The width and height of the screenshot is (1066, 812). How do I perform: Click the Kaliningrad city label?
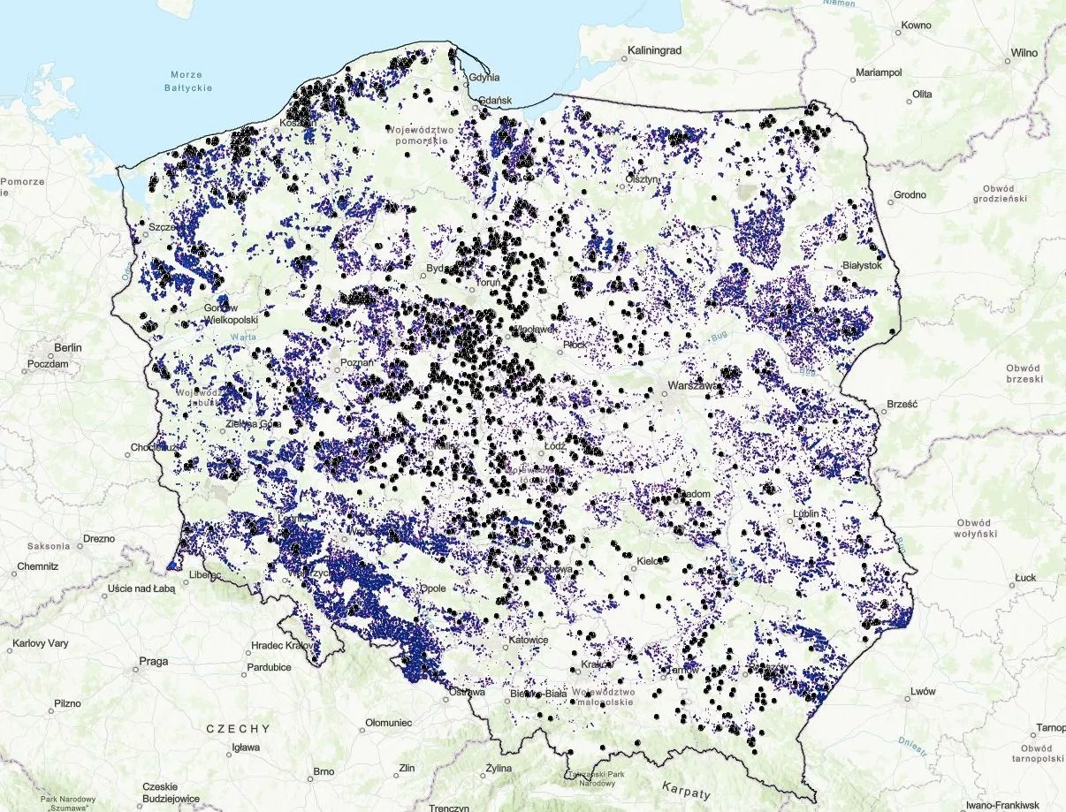pos(654,51)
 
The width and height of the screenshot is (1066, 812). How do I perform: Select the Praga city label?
pos(154,661)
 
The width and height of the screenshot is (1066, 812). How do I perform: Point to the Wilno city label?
pos(1024,53)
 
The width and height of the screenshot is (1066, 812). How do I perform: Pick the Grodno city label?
pos(910,194)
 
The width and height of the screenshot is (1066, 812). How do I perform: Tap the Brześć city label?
pos(902,406)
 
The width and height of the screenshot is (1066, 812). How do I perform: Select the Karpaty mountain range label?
pos(685,785)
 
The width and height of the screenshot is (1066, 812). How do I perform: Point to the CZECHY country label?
pos(237,729)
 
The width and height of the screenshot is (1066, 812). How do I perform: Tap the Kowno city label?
pos(916,27)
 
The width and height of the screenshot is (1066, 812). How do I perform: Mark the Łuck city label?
pos(1025,578)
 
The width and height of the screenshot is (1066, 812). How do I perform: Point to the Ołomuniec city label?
pos(389,724)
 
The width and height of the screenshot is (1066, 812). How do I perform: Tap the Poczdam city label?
pos(48,364)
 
